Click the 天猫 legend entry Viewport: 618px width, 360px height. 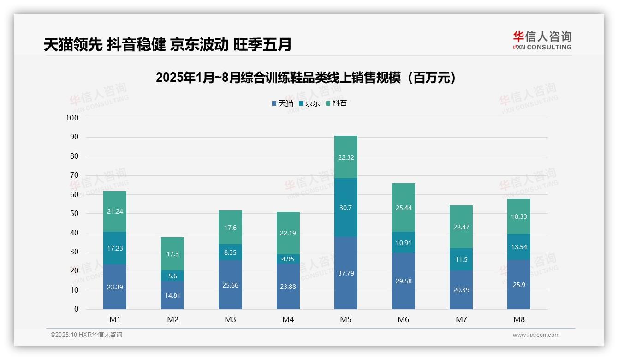click(283, 103)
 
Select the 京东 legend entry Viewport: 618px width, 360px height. click(309, 103)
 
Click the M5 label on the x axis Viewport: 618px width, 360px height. click(345, 319)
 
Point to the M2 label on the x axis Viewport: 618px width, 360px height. click(172, 319)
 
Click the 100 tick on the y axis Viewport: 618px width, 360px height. click(72, 118)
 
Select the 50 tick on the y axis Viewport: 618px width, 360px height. click(74, 214)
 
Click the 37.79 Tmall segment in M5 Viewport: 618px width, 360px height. click(345, 273)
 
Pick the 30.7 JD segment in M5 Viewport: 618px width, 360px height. click(345, 208)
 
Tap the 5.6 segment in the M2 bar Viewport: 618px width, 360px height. click(172, 276)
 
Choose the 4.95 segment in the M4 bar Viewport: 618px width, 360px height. click(288, 259)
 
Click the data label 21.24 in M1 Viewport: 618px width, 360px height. click(115, 211)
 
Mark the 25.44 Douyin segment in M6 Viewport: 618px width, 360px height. click(403, 208)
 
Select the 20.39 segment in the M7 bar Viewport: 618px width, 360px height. click(461, 290)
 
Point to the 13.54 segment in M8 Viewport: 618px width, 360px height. click(518, 247)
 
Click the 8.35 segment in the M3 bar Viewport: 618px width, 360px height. click(230, 252)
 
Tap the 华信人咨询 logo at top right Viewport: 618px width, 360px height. click(542, 40)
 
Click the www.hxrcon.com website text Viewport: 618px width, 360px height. click(536, 335)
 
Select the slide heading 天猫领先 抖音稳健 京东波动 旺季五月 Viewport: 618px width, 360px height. click(167, 45)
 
